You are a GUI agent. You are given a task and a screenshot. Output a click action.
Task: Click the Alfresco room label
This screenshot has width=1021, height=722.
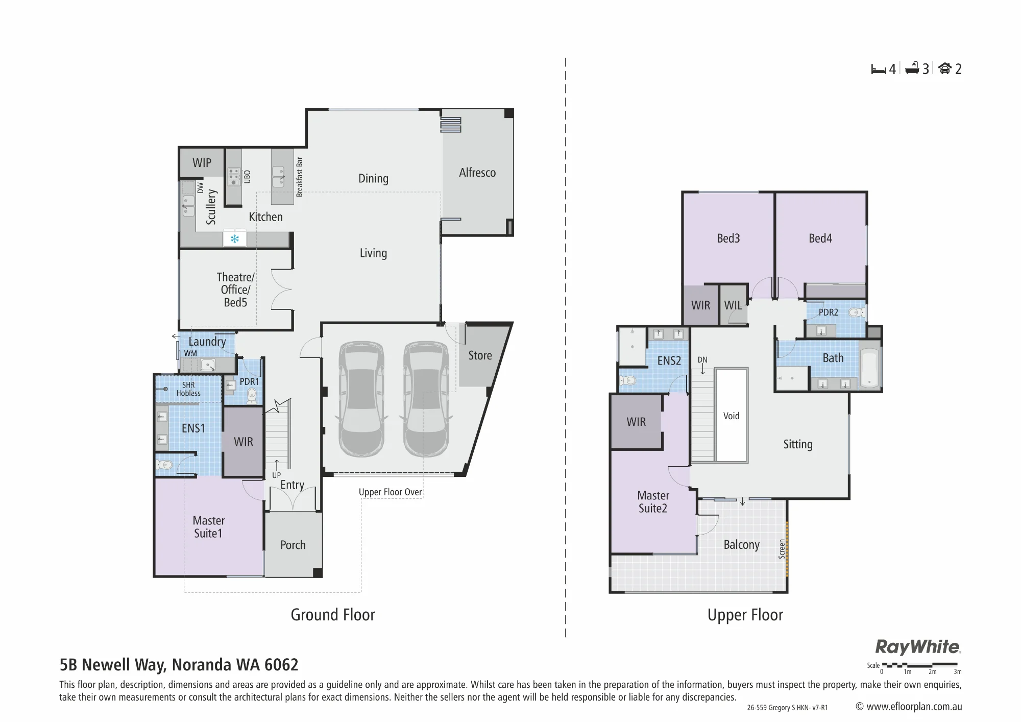point(477,173)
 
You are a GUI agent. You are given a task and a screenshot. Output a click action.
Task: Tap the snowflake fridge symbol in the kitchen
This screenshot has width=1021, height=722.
point(235,238)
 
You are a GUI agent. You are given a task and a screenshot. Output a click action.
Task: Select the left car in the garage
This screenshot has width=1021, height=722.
point(361,399)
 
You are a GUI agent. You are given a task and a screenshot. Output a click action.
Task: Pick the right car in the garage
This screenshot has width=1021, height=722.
point(426,399)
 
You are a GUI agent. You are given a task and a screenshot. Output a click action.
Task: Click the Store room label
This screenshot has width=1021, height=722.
point(480,355)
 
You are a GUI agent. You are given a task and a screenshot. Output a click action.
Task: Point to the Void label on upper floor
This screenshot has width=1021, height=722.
point(731,416)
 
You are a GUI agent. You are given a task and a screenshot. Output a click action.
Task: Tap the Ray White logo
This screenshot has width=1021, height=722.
point(918,647)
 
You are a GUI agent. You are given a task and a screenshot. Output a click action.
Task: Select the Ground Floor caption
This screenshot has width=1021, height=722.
point(333,614)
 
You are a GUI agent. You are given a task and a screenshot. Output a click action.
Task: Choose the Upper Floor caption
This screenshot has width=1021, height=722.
point(745,615)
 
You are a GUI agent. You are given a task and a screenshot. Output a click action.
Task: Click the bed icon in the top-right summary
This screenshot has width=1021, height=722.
point(878,69)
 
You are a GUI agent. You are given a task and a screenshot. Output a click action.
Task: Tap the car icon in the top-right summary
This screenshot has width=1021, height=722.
point(945,68)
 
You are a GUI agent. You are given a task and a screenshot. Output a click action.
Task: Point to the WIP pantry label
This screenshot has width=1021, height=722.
point(202,163)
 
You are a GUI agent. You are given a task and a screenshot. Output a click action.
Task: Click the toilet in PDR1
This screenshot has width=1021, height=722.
point(251,395)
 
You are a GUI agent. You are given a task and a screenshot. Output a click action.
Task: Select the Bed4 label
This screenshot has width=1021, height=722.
point(820,238)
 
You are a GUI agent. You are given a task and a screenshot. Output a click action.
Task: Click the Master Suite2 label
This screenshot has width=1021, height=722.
point(653,502)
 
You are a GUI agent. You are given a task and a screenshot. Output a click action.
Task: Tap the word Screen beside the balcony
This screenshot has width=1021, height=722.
point(782,549)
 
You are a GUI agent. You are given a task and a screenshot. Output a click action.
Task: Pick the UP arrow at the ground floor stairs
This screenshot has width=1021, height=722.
point(277,465)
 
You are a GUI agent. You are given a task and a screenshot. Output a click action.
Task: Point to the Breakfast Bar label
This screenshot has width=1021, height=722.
point(300,177)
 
